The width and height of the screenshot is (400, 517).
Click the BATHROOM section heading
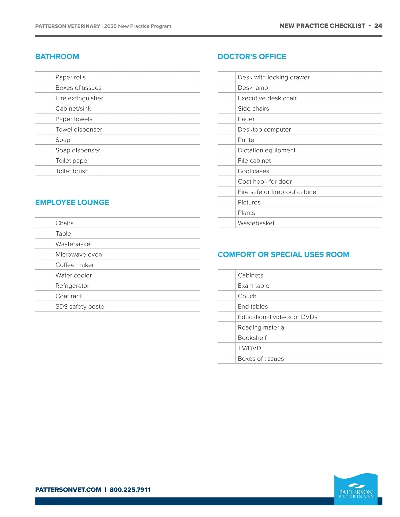[57, 57]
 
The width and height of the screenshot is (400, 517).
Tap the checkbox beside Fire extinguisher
[44, 98]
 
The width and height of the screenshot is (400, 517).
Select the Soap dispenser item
[78, 150]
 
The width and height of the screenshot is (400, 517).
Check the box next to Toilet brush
[44, 171]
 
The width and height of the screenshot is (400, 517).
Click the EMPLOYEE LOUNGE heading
[72, 202]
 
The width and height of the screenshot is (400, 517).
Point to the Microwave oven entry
[79, 254]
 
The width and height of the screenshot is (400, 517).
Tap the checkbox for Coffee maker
[44, 265]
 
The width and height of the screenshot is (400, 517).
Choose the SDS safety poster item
[81, 307]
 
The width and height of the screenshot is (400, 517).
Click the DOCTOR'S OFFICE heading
[252, 57]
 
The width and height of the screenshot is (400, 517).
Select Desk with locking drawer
[274, 77]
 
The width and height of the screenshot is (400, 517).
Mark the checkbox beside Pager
[226, 119]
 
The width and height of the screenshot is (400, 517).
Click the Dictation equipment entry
[267, 150]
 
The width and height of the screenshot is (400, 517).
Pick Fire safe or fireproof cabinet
[278, 192]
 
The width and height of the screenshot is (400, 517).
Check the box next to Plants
[226, 213]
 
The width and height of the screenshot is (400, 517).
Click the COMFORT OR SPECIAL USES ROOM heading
[283, 255]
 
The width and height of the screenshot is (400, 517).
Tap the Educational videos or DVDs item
[277, 317]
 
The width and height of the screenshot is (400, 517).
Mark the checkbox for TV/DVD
[226, 348]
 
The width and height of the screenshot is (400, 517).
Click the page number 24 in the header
[378, 26]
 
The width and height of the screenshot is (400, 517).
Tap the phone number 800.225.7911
[130, 490]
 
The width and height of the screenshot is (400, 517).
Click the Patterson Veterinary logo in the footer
[356, 489]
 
